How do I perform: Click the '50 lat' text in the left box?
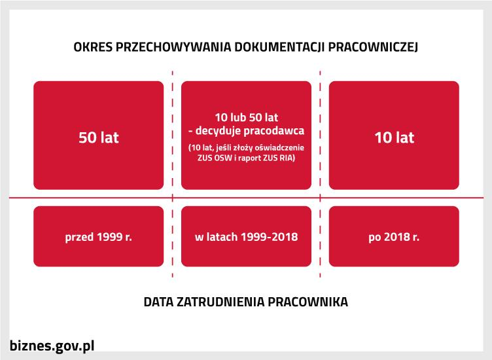click(x=99, y=138)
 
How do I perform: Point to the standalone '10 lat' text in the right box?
click(x=394, y=138)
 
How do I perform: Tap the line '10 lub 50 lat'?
click(x=246, y=118)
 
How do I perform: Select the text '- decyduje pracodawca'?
click(x=246, y=131)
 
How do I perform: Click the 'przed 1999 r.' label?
click(x=99, y=236)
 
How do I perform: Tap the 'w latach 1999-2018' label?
click(x=246, y=236)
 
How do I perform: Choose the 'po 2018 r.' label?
click(x=394, y=236)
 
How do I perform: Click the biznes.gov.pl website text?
click(x=53, y=346)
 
